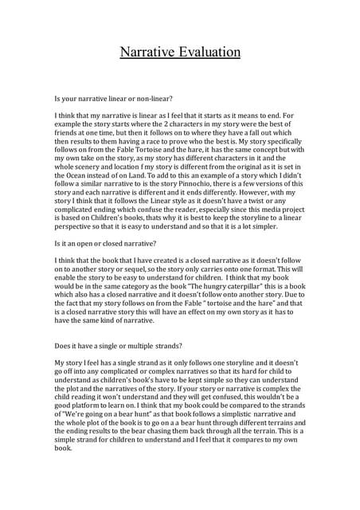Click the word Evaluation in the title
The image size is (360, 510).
tap(206, 53)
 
